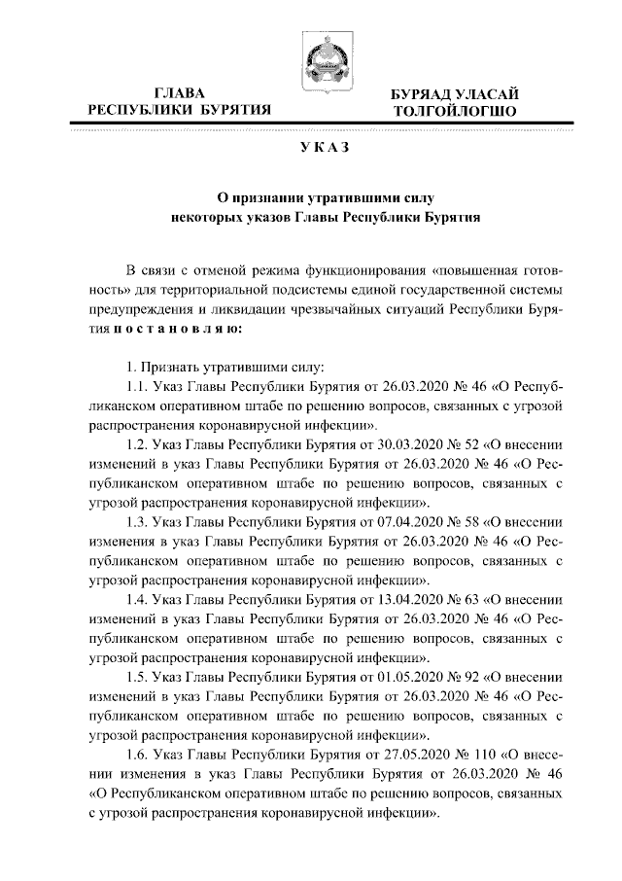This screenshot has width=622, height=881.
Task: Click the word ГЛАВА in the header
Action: coord(180,93)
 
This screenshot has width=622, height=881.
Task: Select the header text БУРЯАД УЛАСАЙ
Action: coord(454,94)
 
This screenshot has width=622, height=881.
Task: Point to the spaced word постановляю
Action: coord(173,329)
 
